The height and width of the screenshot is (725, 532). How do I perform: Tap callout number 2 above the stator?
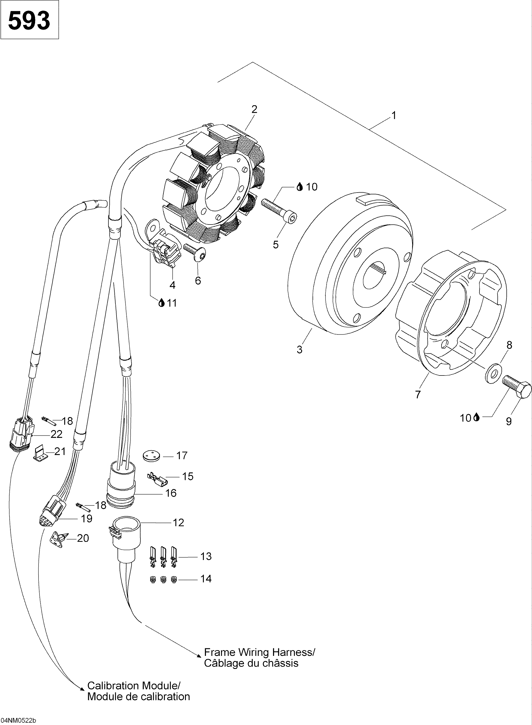click(x=254, y=109)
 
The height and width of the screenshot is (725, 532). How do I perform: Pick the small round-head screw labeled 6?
click(x=195, y=253)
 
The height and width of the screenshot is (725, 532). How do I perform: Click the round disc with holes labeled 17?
click(x=151, y=456)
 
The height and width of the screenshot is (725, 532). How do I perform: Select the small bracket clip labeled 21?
click(x=39, y=453)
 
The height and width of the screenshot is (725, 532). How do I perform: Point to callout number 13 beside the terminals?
click(x=206, y=556)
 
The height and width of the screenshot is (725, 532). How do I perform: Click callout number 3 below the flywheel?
click(x=300, y=350)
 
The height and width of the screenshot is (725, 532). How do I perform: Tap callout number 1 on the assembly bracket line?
click(x=393, y=115)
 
